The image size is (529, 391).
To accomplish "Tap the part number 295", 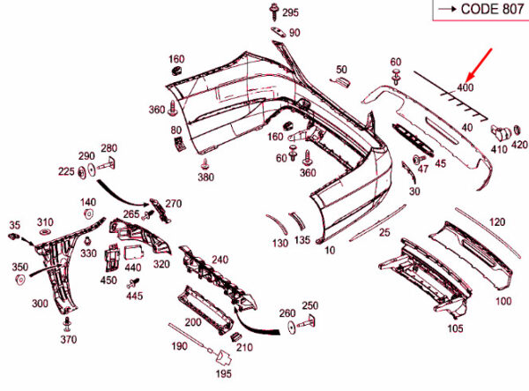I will coord(291,12).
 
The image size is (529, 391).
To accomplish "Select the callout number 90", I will coord(294,33).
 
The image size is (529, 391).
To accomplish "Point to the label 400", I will coord(466,87).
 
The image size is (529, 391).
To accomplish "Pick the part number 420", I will coord(519,145).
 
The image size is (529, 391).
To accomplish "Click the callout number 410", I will coord(499,150).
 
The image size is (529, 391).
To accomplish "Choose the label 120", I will coord(497,222).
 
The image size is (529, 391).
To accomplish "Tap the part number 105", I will coord(454,329).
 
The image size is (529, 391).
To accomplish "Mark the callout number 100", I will coord(503,302).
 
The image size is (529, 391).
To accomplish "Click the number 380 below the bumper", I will coord(205,177).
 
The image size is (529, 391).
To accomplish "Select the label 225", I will coord(67,172).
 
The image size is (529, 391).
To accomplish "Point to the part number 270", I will coord(173,204).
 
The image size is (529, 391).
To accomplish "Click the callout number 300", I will coord(40,304).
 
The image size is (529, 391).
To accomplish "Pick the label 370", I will coord(69,340).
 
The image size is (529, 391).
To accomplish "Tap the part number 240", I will coord(219,259).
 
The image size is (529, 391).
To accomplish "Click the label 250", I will coord(309,305).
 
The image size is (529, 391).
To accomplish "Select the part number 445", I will coord(134,296).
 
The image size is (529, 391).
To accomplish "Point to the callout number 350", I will coord(19,267).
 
